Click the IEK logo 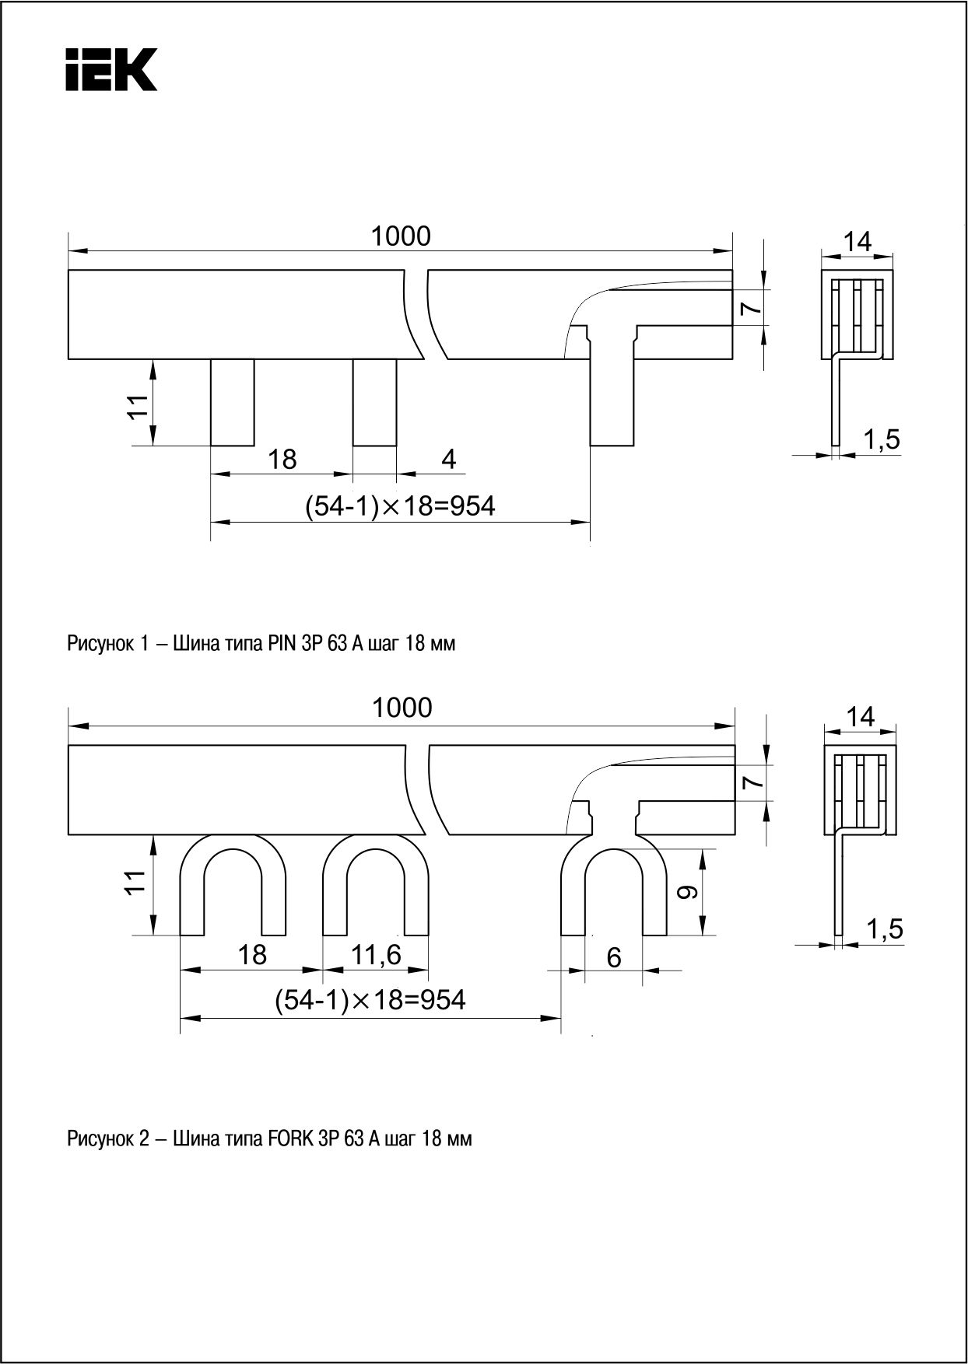tap(110, 69)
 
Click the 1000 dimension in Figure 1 tap(400, 236)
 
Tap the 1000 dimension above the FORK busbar tap(402, 708)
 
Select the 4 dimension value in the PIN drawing tap(449, 460)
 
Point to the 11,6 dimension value tap(376, 954)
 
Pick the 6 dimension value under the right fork tap(614, 957)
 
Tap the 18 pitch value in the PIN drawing tap(282, 460)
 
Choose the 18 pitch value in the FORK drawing tap(251, 954)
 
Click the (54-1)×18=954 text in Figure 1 tap(400, 506)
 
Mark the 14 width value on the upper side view tap(858, 241)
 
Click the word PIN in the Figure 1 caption tap(280, 644)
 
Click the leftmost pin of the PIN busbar tap(233, 402)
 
